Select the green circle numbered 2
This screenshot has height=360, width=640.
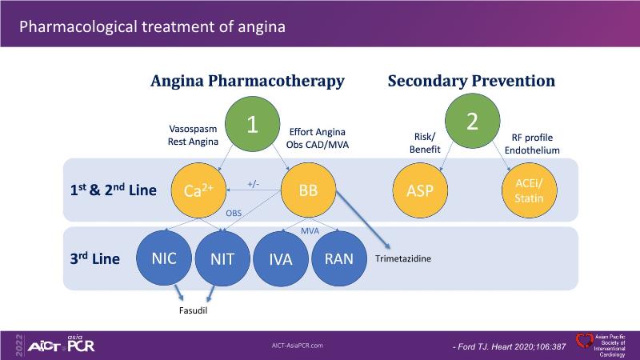point(472,122)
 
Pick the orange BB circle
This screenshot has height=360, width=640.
point(308,190)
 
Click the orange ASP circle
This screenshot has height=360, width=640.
point(420,191)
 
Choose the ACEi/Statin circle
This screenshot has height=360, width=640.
point(529,191)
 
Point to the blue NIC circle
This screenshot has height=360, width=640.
point(163,258)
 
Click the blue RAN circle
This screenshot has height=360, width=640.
point(339,259)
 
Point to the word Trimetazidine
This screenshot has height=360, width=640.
point(403,259)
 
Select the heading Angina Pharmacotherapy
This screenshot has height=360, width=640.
point(248,81)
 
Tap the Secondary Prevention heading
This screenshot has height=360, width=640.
point(471,81)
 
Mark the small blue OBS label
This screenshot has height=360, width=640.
point(233,213)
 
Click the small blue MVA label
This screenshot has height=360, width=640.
point(310,230)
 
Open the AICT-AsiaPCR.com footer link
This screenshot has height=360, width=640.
point(298,345)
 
